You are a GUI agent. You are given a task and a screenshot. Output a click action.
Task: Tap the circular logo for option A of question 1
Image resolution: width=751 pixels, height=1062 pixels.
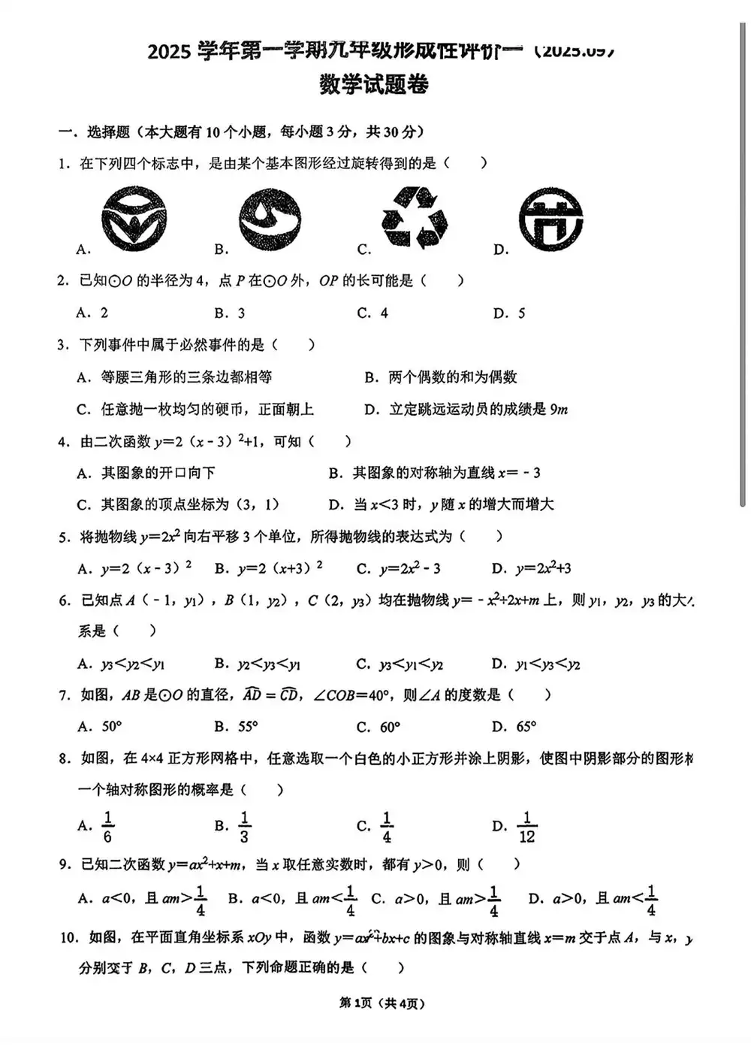134,219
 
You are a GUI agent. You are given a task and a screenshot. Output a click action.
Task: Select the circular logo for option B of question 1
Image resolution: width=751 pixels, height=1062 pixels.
270,219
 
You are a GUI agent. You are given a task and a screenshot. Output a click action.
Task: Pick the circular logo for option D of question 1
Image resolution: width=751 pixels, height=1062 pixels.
550,219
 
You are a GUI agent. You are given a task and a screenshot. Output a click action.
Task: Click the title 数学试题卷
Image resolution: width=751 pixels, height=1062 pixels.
373,85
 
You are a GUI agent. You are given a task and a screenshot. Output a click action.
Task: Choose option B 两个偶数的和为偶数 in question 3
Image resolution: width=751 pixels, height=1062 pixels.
441,377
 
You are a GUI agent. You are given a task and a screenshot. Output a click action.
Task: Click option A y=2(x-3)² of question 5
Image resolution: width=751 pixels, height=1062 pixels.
135,568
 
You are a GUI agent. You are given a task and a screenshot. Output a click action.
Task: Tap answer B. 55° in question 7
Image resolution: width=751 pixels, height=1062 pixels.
236,727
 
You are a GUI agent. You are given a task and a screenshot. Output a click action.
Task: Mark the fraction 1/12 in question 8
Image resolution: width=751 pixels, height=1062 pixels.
526,827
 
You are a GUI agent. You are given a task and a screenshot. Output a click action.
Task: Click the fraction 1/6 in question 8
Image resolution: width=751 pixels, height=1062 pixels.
107,827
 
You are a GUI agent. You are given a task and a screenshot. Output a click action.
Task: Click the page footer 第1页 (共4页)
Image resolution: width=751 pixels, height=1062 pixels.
382,1003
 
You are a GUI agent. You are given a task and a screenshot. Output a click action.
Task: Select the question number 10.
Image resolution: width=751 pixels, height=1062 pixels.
68,937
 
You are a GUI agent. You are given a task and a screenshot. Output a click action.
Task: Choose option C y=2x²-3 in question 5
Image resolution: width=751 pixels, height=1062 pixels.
399,568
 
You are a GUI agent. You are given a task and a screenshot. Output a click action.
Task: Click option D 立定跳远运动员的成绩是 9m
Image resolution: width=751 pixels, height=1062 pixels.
466,410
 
